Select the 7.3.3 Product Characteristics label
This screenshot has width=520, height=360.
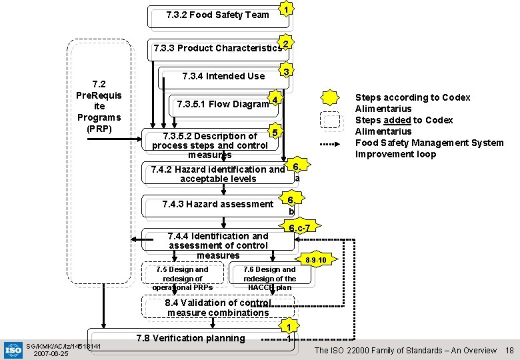(217, 48)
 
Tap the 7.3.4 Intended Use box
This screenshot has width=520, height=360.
(223, 76)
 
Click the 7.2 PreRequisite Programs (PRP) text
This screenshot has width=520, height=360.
(99, 106)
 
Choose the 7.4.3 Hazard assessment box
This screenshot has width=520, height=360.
(217, 204)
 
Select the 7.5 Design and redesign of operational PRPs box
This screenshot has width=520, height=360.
(182, 278)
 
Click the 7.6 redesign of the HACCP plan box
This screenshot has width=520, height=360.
(269, 278)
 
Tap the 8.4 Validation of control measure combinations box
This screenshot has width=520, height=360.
(217, 307)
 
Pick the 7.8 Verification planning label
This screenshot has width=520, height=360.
(190, 338)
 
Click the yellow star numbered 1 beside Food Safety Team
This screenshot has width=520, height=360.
(286, 9)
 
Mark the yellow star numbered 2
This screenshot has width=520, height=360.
(285, 43)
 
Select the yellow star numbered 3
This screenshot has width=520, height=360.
(286, 71)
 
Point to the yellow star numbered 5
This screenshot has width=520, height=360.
(272, 131)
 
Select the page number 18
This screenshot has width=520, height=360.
(509, 350)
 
